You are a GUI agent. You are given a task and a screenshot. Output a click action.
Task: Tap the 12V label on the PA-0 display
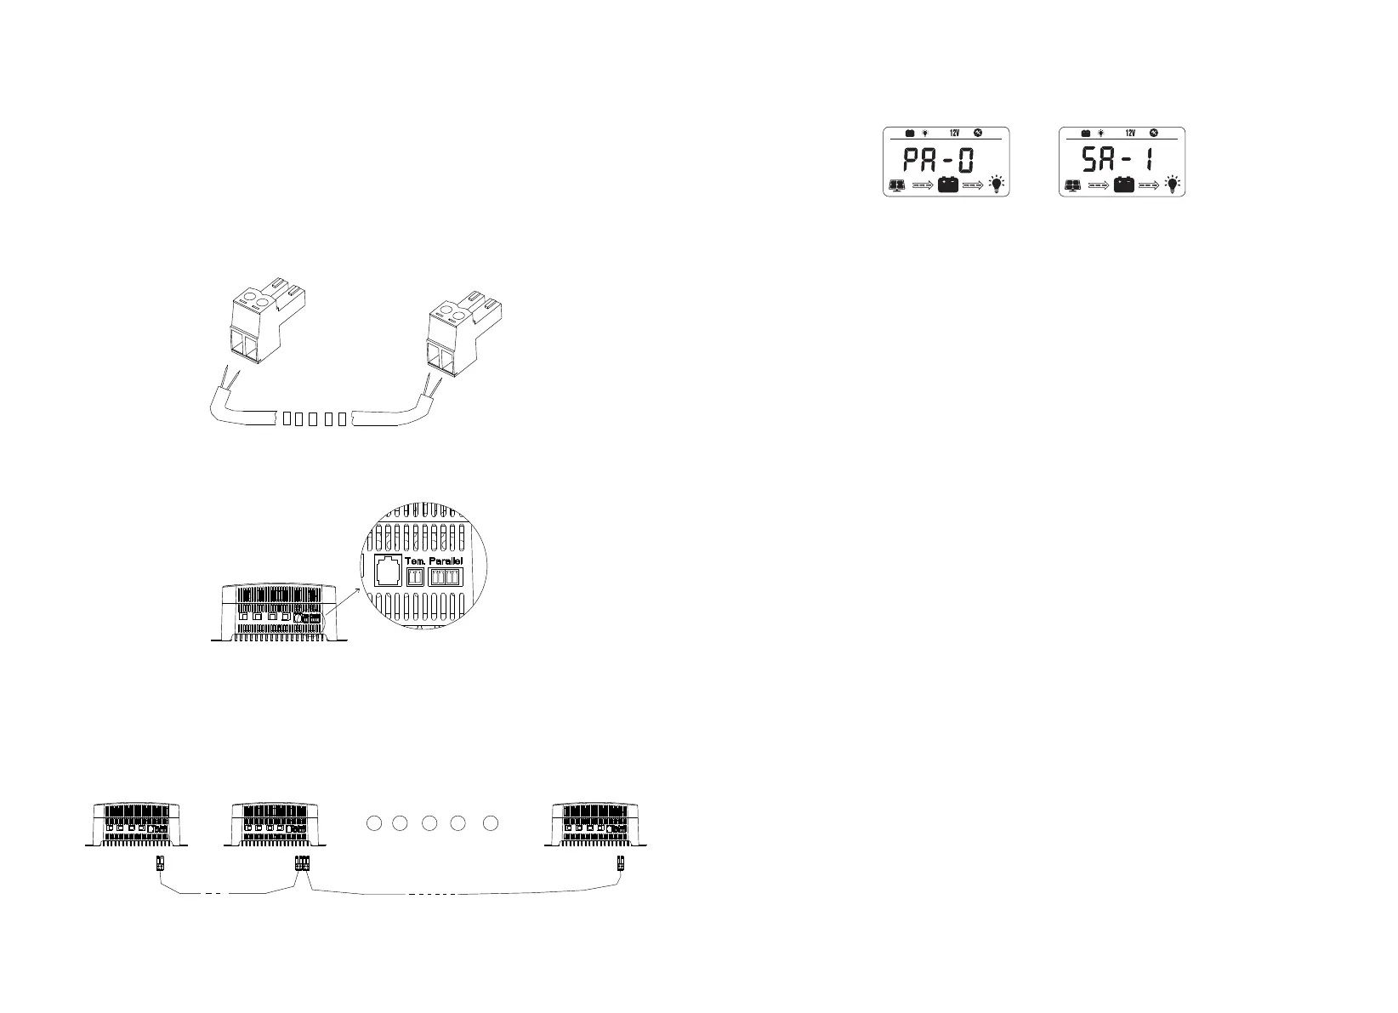(x=954, y=134)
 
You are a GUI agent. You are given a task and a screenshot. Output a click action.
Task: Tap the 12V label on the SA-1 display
(x=1130, y=134)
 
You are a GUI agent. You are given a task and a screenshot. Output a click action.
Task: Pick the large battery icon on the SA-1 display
(x=1124, y=185)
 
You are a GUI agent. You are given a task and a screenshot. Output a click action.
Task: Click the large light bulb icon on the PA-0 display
(x=996, y=184)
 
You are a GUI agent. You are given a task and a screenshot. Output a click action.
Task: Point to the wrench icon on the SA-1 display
(x=1154, y=133)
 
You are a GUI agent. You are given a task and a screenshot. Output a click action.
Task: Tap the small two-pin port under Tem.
(x=417, y=578)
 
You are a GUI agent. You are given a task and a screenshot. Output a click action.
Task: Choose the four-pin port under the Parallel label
(x=445, y=578)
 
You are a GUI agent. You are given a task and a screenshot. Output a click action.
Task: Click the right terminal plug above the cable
(x=459, y=333)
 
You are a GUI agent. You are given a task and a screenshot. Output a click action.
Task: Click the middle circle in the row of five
(x=429, y=823)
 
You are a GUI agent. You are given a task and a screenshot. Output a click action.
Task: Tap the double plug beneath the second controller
(x=302, y=863)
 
